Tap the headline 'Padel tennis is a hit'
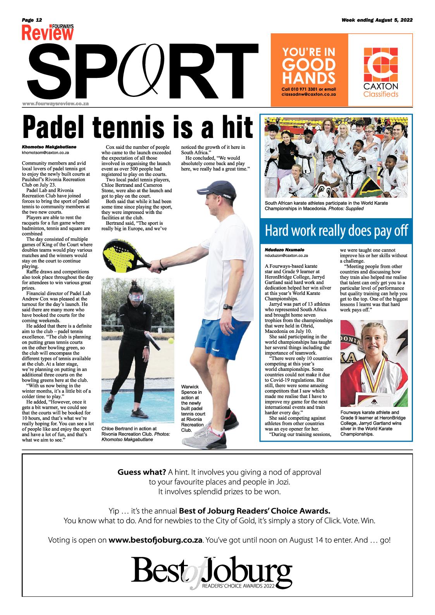[138, 126]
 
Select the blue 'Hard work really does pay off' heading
[336, 231]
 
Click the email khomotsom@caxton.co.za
[45, 153]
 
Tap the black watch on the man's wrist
[229, 308]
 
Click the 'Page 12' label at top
[32, 20]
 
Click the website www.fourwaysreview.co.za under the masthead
[56, 103]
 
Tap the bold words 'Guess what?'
[142, 472]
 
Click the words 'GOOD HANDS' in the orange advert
[309, 71]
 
